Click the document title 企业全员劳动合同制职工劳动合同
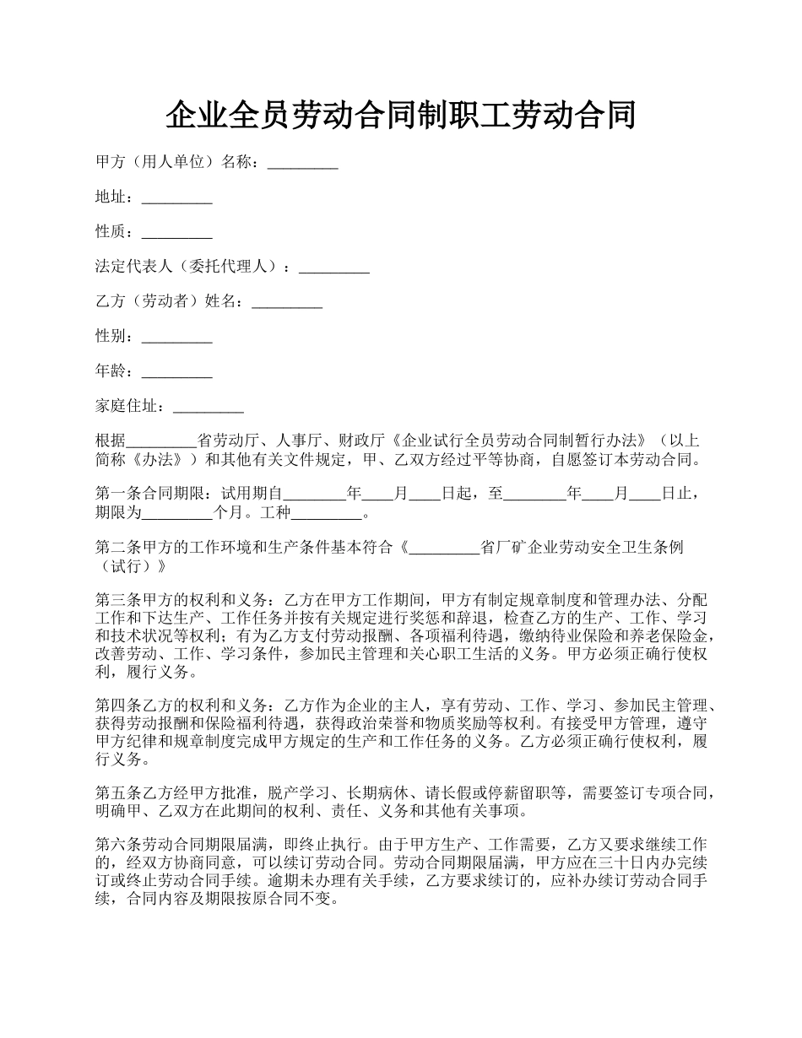(400, 116)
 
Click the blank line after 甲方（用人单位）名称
(302, 164)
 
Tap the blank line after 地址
(176, 198)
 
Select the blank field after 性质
(176, 233)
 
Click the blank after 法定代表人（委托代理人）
(334, 268)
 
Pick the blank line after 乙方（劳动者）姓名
(287, 302)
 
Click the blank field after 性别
(176, 337)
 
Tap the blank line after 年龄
(176, 371)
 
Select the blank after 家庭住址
(208, 407)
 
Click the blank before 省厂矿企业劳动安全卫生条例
(444, 548)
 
